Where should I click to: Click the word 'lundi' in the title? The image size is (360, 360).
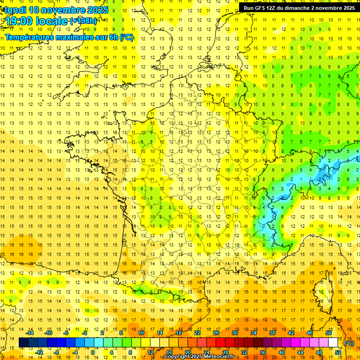[x=15, y=9]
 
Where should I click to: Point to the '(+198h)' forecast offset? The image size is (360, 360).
[x=83, y=21]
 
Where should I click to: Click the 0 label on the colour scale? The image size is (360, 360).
[x=92, y=352]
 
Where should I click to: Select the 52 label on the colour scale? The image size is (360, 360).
[x=338, y=352]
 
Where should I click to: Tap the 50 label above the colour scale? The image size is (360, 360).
[x=329, y=333]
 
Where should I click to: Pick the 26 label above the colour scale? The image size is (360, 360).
[x=216, y=333]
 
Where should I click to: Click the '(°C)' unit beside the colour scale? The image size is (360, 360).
[x=349, y=343]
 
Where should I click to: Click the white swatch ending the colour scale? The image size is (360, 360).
[x=333, y=343]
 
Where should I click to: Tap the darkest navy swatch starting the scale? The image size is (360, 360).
[x=23, y=343]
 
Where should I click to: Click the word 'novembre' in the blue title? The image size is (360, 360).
[x=63, y=9]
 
